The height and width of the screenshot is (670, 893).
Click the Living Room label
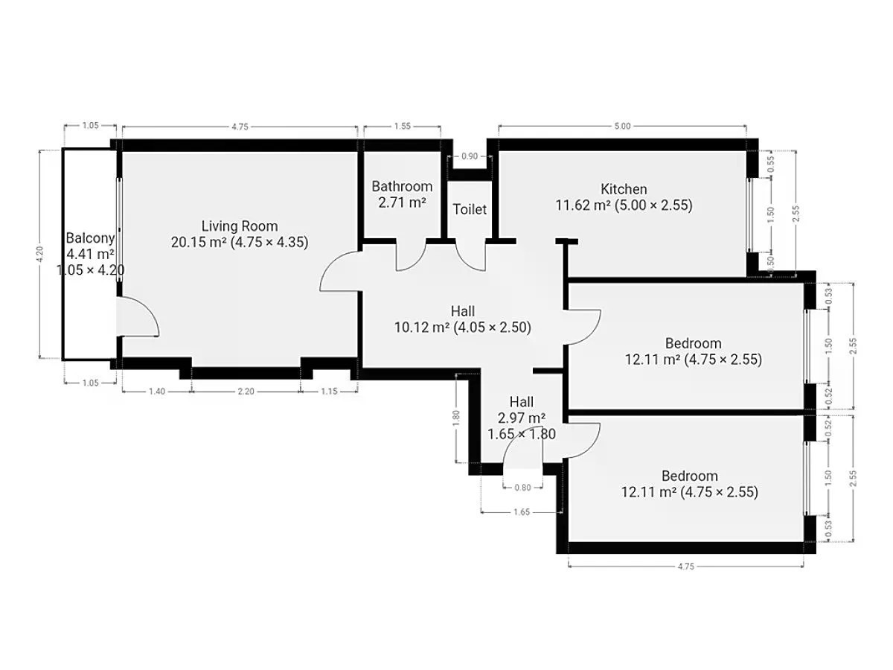pos(240,226)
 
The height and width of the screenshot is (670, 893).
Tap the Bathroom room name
pos(402,186)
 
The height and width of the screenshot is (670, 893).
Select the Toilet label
pos(470,209)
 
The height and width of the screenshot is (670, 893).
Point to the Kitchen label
pos(624,189)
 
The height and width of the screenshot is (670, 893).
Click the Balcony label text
pos(90,238)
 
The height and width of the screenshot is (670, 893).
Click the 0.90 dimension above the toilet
pos(470,156)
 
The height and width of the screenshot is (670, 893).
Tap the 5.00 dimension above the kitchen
pos(622,126)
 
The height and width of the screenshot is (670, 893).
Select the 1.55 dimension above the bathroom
pos(403,126)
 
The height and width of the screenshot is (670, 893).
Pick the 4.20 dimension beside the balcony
pos(40,255)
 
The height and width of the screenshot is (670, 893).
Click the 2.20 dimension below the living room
pos(246,392)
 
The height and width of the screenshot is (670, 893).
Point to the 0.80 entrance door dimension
pos(523,488)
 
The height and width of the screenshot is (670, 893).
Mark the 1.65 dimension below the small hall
pos(522,512)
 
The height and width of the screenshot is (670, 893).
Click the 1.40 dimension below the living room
pos(157,392)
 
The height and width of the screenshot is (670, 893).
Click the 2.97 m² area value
pos(522,418)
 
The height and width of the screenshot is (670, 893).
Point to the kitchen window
pos(749,215)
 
